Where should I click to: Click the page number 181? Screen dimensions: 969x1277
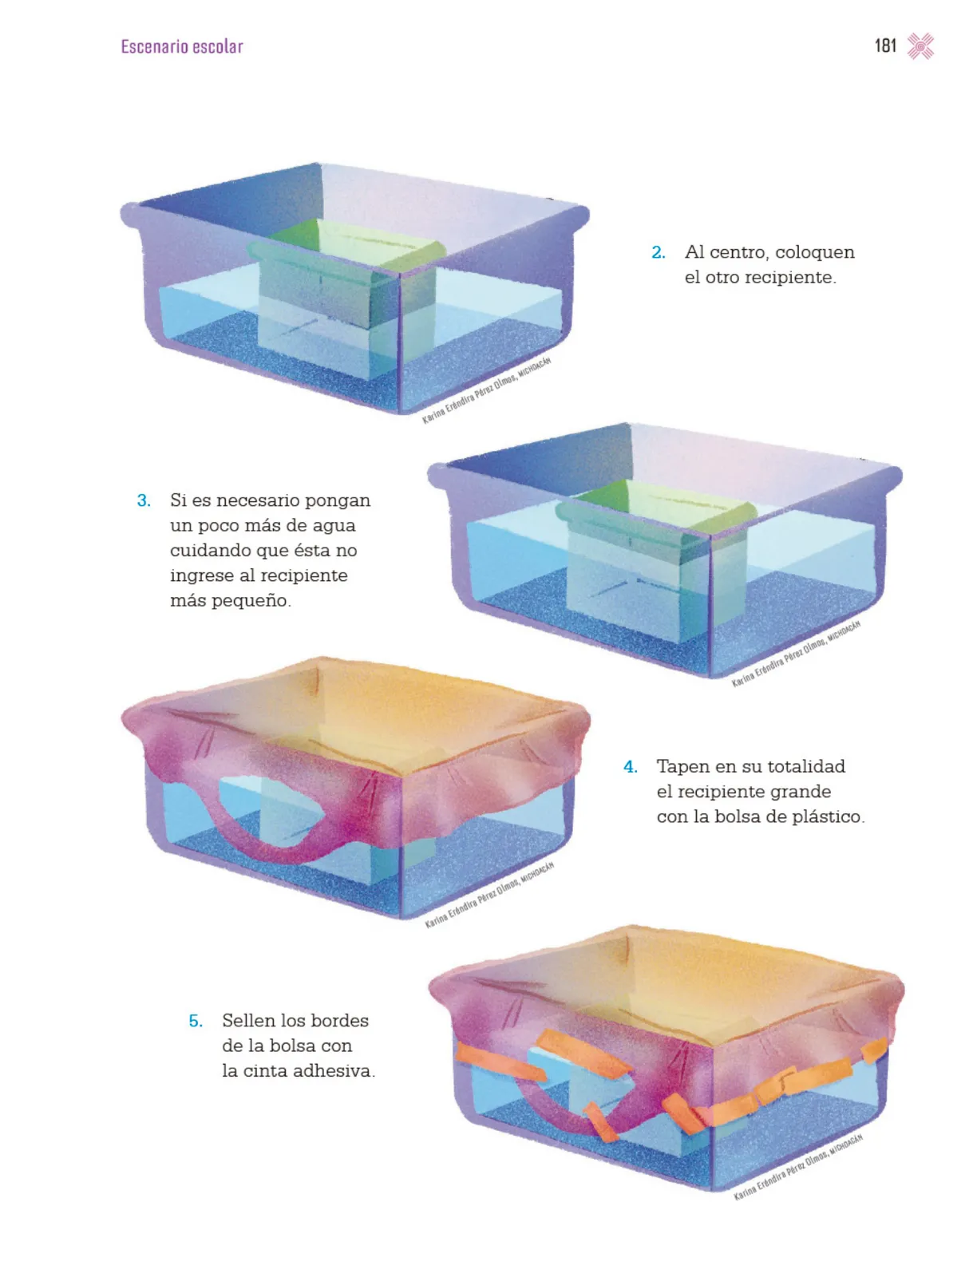[884, 46]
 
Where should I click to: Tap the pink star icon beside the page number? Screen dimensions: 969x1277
[920, 46]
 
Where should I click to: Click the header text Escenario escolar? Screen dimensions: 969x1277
[181, 46]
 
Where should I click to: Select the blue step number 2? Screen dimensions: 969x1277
[658, 252]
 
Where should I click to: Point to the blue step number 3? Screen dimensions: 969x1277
[144, 500]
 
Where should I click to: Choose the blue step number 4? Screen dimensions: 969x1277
[630, 767]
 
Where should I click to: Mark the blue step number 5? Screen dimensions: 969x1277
[196, 1021]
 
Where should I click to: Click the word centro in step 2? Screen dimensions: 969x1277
[738, 252]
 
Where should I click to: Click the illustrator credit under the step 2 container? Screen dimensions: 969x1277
[486, 390]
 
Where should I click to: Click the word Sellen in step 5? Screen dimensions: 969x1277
[247, 1021]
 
